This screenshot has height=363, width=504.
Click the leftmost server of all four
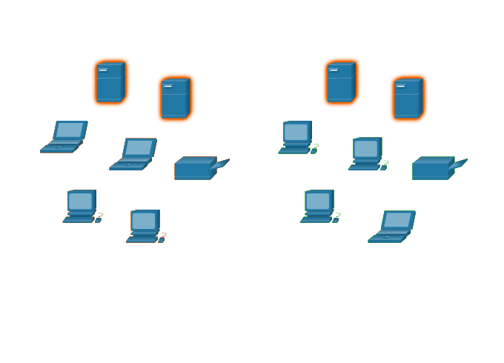(110, 82)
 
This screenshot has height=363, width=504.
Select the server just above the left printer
(175, 98)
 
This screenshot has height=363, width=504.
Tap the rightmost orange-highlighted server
(408, 98)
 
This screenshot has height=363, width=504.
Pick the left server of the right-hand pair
(341, 82)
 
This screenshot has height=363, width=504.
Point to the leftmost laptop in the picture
(64, 137)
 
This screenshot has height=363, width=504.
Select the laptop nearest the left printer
(134, 154)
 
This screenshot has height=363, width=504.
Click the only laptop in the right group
(392, 227)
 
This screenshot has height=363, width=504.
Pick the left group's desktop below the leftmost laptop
(82, 206)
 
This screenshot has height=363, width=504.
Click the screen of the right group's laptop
(397, 220)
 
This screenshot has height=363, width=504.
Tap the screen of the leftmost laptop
(70, 130)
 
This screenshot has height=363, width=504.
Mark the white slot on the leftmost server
(103, 70)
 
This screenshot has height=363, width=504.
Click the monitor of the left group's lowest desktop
(144, 221)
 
